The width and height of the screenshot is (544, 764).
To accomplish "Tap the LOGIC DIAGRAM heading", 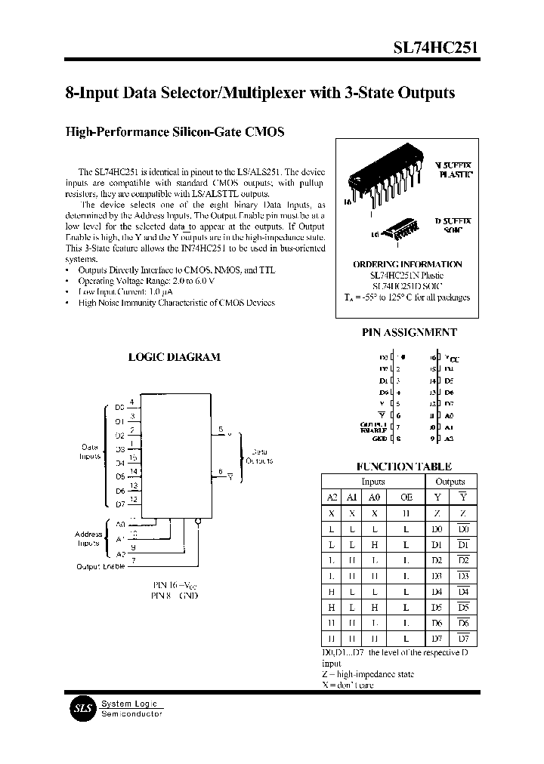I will coord(174,356).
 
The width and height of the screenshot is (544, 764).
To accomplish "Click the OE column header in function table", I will coord(406,497).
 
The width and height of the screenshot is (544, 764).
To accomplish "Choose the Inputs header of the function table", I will coord(372,481).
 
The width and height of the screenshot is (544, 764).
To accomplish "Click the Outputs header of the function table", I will coord(450,481).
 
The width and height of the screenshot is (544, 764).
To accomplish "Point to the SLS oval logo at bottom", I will coord(80,707).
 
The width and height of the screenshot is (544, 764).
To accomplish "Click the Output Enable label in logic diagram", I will coord(102,566).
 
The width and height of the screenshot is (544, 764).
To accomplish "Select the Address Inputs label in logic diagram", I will coord(88,538).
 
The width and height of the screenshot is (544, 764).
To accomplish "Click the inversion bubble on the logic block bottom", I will coord(197,520).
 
